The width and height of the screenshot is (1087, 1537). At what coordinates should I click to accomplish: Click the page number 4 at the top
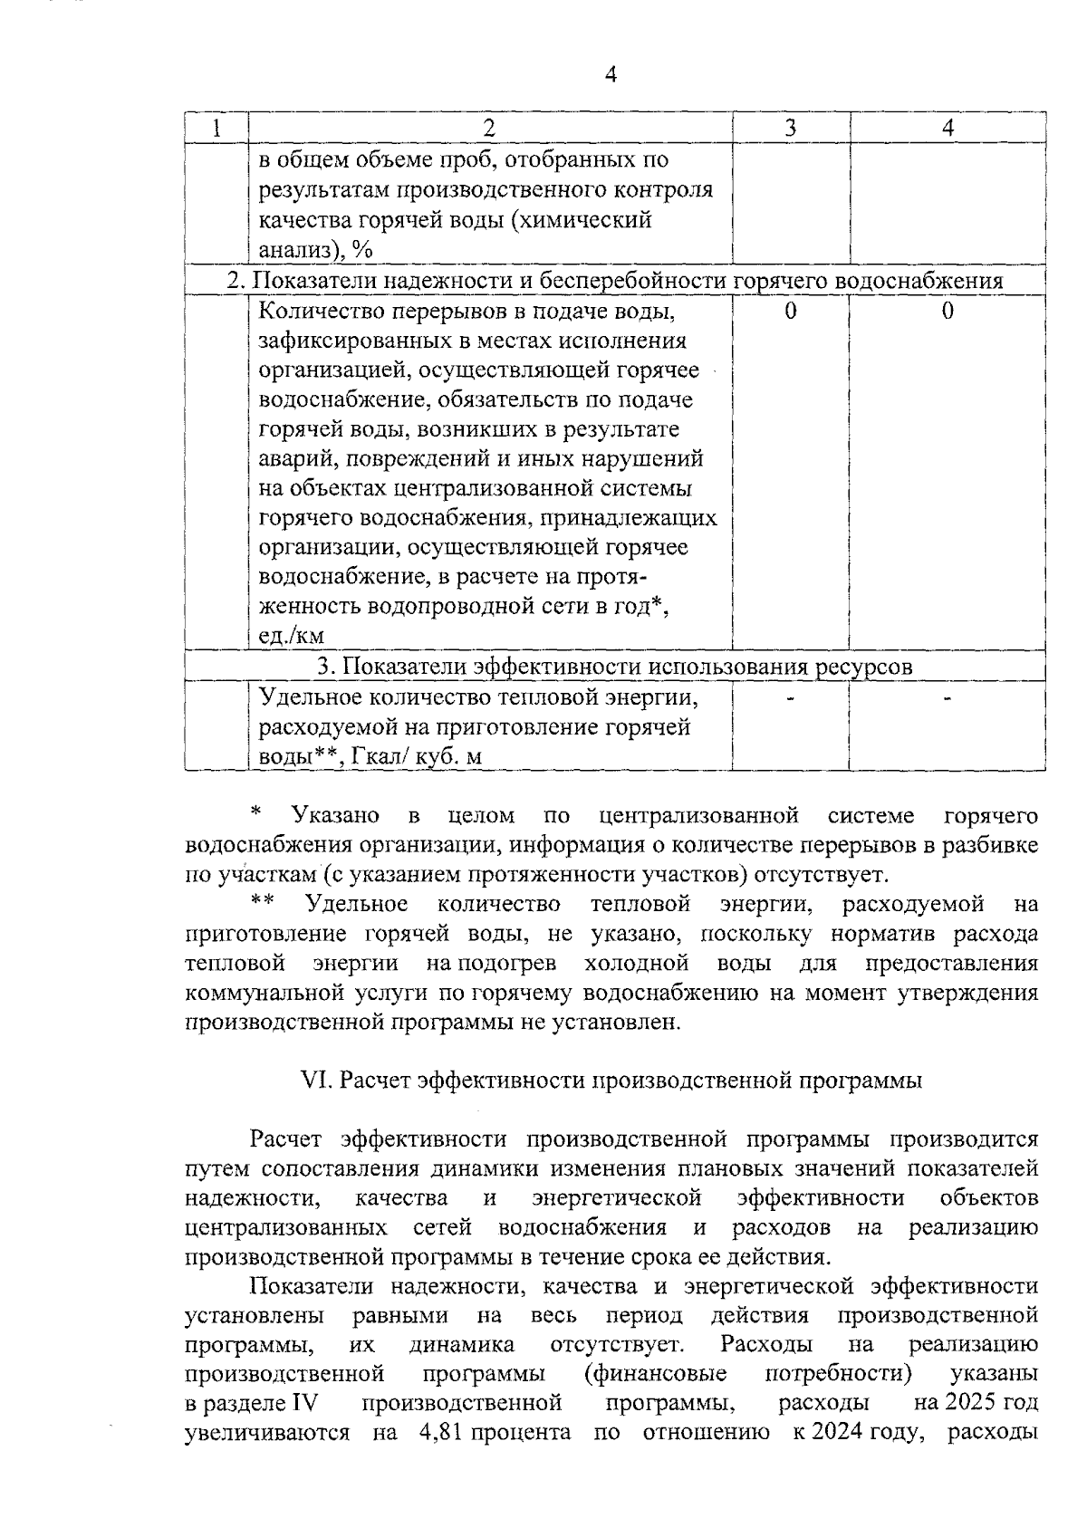coord(610,75)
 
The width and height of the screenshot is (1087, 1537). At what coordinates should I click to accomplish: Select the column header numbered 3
coord(790,128)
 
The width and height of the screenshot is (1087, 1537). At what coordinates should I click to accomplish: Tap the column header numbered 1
coord(216,128)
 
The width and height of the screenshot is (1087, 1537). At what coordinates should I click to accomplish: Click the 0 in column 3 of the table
coord(790,312)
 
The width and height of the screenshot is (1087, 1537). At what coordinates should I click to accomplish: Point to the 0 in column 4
coord(948,312)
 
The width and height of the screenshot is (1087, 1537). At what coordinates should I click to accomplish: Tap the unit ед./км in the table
coord(292,636)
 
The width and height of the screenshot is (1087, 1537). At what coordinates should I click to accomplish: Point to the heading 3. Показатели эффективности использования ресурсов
coord(615,668)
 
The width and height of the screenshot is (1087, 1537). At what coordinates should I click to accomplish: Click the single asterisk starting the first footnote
coord(256,812)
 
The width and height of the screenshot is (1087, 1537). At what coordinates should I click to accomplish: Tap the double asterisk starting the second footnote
coord(263,900)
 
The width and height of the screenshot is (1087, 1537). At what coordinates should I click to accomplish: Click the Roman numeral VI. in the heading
coord(313,1081)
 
